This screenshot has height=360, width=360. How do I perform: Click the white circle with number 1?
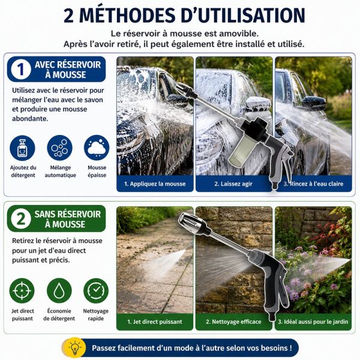point(21,69)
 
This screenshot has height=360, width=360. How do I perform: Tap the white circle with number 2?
point(21,218)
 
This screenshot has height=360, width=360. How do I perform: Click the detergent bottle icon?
point(23,148)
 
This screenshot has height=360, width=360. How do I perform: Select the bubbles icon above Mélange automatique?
point(59,148)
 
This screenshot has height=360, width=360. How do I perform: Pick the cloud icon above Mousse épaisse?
point(97,148)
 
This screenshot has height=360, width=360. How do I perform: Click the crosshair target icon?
point(22,290)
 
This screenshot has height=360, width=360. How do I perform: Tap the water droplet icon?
point(59,290)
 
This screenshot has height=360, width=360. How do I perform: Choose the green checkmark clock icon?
point(96,290)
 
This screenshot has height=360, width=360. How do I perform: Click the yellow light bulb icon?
point(74,347)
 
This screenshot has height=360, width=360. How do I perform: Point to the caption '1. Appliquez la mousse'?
point(155,184)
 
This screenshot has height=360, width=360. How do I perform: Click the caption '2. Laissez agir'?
point(233,184)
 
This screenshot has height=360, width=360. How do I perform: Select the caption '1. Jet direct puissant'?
point(155,322)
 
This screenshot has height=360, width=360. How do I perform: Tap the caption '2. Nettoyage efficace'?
point(233,322)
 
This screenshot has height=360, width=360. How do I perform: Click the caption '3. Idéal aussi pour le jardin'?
point(313,322)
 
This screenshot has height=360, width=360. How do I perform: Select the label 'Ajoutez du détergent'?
point(23,171)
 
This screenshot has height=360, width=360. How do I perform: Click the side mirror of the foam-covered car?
point(258,103)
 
